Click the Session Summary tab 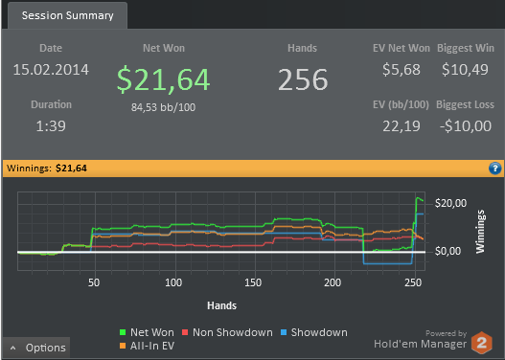67,15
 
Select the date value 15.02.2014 51,70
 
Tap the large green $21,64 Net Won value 163,79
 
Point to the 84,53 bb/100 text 163,107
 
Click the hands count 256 303,79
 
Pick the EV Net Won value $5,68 402,70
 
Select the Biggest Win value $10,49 465,70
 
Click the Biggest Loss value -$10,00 466,125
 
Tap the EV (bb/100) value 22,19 402,126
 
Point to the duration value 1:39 51,125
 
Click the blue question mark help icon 494,169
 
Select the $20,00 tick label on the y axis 450,203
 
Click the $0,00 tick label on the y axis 448,251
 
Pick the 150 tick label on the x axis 253,282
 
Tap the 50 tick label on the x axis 94,282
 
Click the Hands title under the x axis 222,305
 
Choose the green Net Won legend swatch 123,332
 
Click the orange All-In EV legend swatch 123,346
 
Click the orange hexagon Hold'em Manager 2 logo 482,343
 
